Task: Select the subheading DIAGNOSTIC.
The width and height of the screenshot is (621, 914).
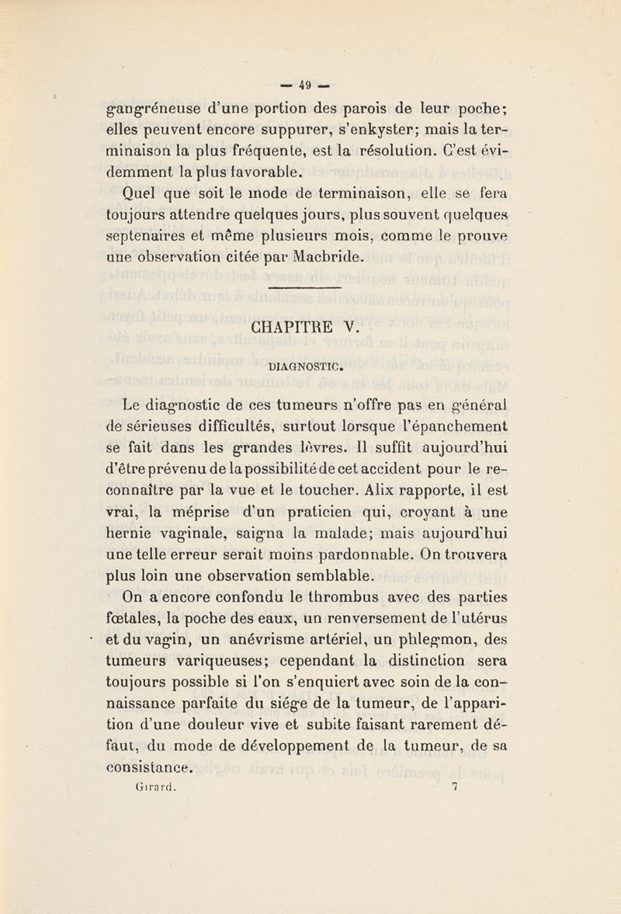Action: (x=310, y=362)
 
